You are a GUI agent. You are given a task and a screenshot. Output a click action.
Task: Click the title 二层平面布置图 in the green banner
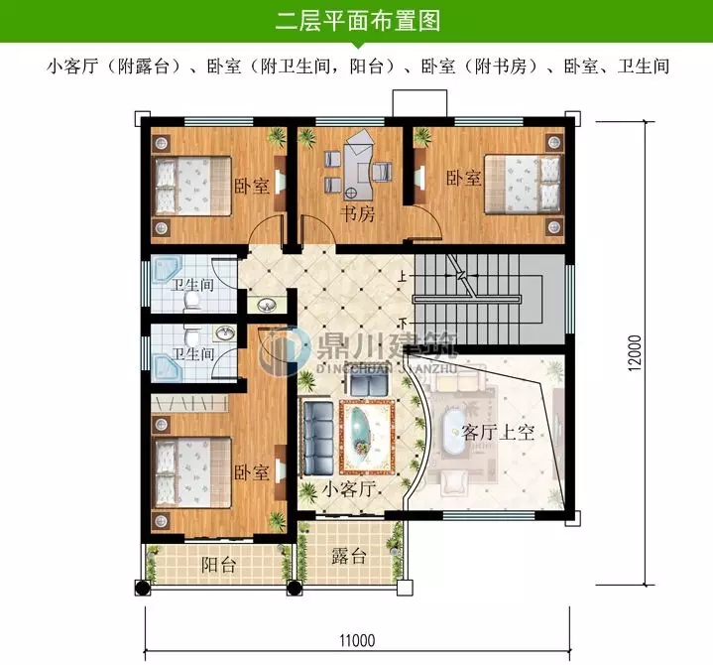(x=356, y=20)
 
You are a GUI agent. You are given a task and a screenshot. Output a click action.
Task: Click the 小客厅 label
(x=348, y=488)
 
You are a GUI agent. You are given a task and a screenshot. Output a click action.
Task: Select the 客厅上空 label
(x=498, y=432)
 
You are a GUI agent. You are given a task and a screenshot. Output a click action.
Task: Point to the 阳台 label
(x=218, y=565)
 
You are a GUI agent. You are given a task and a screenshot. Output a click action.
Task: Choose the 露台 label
(x=348, y=556)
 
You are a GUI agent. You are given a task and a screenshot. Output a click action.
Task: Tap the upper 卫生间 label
(x=193, y=285)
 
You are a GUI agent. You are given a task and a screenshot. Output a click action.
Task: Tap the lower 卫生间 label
(x=192, y=353)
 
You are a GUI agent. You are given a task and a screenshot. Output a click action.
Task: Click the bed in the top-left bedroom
(x=192, y=183)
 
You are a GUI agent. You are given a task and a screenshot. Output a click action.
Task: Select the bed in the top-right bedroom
(x=521, y=183)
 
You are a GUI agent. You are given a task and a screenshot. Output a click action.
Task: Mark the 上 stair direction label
(x=403, y=275)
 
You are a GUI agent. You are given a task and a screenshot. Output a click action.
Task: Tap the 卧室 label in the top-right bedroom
(x=463, y=179)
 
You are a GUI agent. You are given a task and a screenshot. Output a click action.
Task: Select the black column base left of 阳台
(x=143, y=588)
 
